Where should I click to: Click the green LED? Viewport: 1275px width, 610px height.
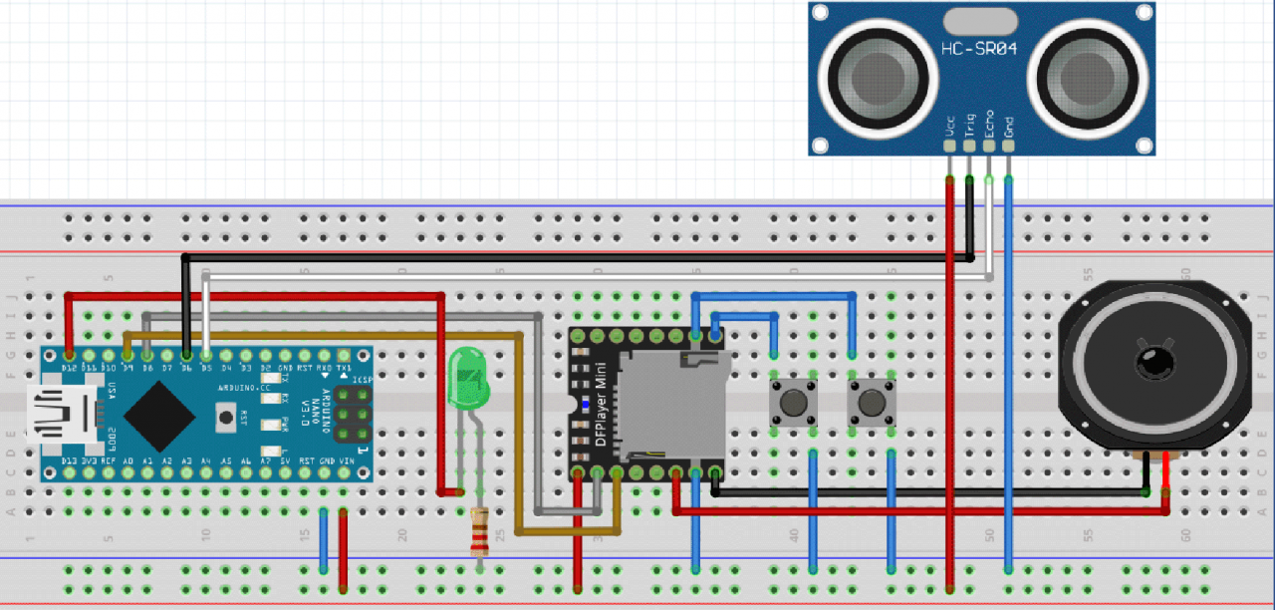[x=466, y=380]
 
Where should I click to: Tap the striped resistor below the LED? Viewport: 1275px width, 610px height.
[x=481, y=531]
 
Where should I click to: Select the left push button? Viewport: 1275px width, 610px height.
[x=794, y=403]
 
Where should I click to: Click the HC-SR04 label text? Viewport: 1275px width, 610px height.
[x=979, y=49]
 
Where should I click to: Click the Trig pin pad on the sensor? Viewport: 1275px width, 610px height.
[x=969, y=147]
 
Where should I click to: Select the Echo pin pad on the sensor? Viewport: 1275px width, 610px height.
[x=988, y=147]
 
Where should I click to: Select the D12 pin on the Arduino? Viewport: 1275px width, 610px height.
[x=68, y=355]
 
